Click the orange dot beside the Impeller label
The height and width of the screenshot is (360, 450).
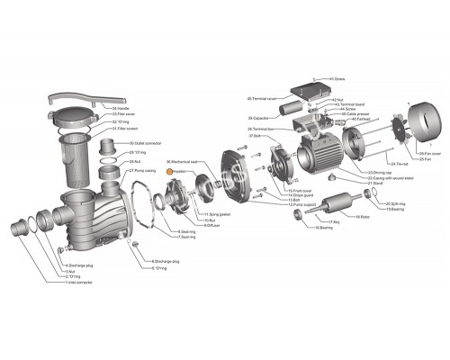pyautogui.click(x=166, y=170)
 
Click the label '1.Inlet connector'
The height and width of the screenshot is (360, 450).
pyautogui.click(x=78, y=283)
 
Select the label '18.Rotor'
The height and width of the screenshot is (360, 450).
pyautogui.click(x=363, y=217)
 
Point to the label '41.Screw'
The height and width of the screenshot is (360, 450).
pyautogui.click(x=337, y=78)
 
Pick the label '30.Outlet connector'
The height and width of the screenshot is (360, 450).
pyautogui.click(x=146, y=143)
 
